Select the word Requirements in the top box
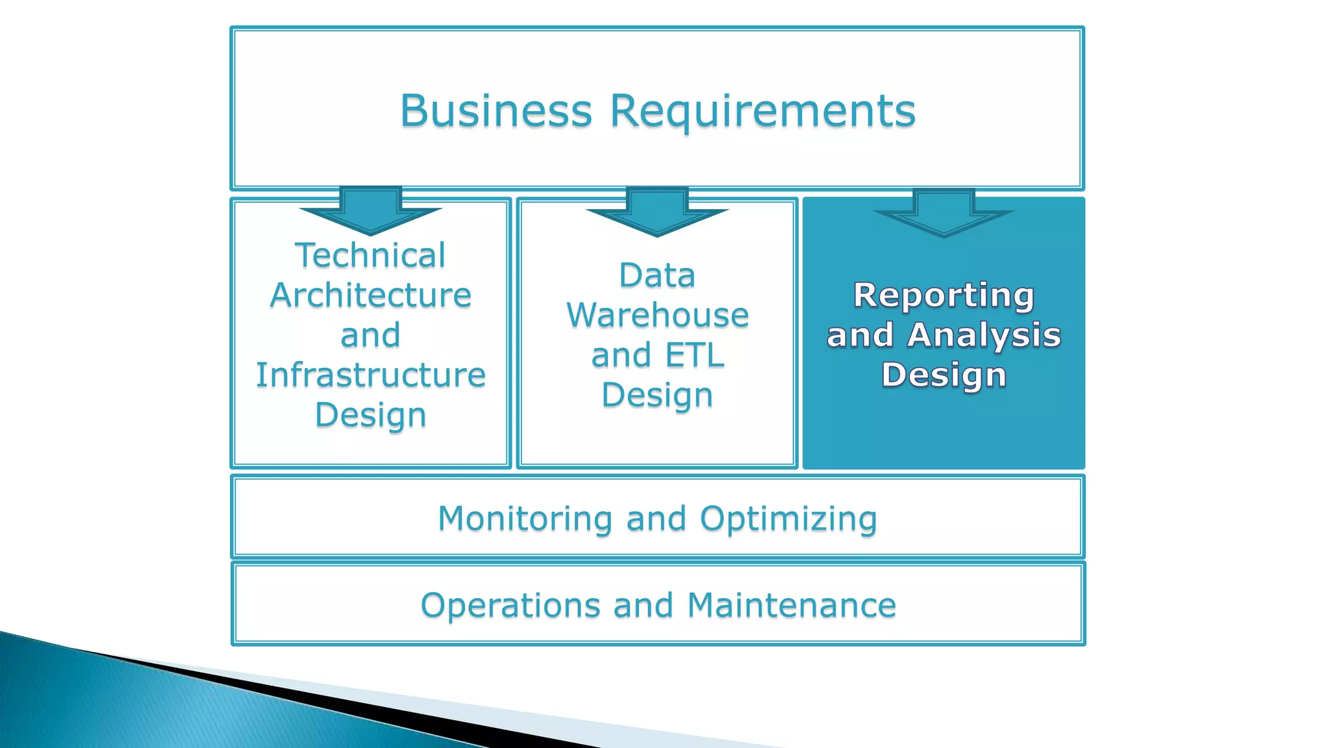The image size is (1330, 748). [762, 112]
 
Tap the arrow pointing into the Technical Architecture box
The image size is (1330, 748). [370, 212]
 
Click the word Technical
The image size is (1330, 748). [370, 255]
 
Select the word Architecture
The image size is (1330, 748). [370, 295]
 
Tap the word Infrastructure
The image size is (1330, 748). [370, 375]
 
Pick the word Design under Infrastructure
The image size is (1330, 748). [370, 416]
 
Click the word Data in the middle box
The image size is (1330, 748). [657, 275]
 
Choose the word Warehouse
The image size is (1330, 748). [657, 316]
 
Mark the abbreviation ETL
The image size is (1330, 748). [695, 356]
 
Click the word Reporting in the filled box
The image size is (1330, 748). [944, 295]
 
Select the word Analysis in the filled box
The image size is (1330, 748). [984, 336]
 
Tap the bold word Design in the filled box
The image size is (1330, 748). [944, 375]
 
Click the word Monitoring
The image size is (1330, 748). [525, 519]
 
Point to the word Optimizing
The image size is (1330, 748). [788, 519]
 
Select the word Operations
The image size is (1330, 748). [510, 605]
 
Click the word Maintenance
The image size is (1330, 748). [792, 605]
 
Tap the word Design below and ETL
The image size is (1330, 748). [657, 395]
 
